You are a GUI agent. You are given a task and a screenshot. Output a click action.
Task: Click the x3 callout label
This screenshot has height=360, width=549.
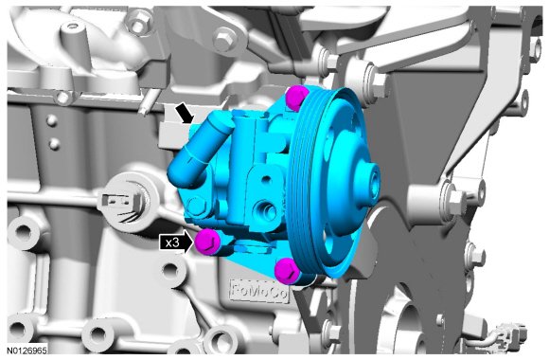[172, 243]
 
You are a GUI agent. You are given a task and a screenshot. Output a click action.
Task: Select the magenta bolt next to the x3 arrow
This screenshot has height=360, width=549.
[207, 242]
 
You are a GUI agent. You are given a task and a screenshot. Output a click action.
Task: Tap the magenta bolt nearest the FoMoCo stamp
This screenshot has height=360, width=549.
[288, 270]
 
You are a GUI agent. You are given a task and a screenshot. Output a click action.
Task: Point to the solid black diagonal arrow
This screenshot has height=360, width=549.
[185, 114]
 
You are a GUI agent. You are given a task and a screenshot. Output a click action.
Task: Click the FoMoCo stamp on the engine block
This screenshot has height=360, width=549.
[259, 291]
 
